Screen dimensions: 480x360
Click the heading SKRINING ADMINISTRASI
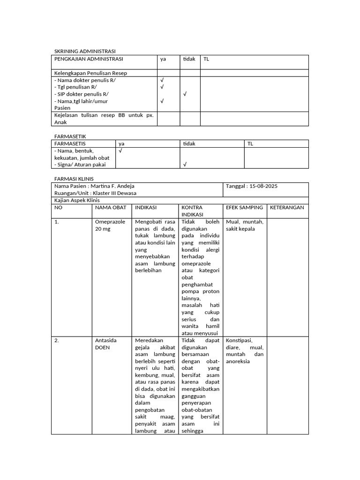tap(84, 51)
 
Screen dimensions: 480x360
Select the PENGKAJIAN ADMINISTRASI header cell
tap(89, 59)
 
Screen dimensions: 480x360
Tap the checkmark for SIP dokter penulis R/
tap(185, 94)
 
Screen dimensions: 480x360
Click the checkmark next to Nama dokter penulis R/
tap(162, 80)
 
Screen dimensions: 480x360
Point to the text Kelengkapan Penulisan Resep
tap(90, 73)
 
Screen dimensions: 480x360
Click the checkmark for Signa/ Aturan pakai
tap(185, 165)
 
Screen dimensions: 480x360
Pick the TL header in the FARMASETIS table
tap(250, 144)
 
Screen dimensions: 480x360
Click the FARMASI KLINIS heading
tap(74, 179)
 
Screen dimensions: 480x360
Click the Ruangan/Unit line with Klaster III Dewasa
tap(96, 193)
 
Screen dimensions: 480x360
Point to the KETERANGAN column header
tap(287, 207)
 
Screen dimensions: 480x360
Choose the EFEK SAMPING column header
tap(244, 207)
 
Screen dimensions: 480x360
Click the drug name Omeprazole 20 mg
tap(110, 225)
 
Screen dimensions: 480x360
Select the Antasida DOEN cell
tap(106, 344)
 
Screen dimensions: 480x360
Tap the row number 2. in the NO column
tap(57, 341)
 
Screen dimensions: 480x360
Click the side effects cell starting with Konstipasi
tap(244, 351)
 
